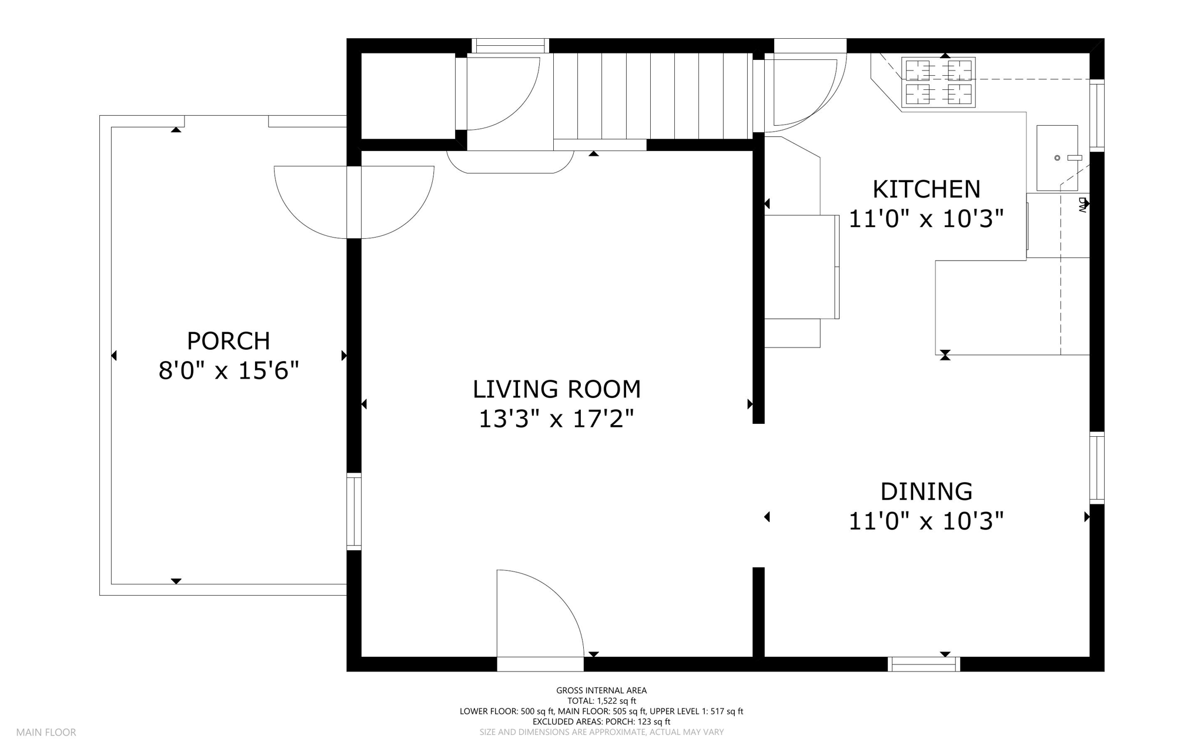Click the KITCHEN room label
click(927, 189)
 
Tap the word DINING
click(927, 491)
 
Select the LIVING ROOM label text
click(557, 389)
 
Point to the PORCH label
click(228, 341)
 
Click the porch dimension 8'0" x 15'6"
click(229, 370)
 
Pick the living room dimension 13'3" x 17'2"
click(557, 419)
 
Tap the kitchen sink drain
click(1057, 158)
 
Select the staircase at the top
click(653, 96)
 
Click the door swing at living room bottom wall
click(540, 613)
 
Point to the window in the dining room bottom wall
click(924, 664)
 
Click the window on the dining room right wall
click(1097, 468)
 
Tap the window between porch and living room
click(354, 512)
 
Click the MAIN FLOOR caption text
click(46, 733)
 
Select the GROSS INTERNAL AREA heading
click(601, 690)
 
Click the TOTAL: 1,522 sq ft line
click(601, 701)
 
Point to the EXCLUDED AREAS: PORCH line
click(601, 721)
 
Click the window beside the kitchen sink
click(1097, 115)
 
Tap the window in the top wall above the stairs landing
click(510, 46)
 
